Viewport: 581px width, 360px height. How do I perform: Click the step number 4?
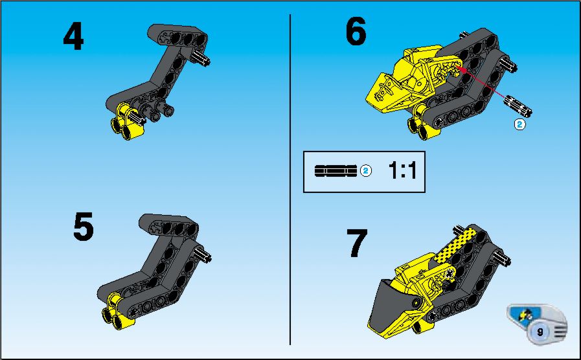click(73, 36)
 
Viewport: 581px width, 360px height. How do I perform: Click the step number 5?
click(84, 227)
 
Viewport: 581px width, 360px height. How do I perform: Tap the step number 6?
click(356, 32)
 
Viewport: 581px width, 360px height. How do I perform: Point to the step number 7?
click(357, 243)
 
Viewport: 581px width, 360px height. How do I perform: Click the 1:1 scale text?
click(402, 171)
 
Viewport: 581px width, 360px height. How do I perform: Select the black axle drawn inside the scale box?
click(336, 171)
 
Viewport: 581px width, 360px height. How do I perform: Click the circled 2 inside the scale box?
click(366, 171)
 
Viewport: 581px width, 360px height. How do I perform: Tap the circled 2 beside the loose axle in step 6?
click(520, 124)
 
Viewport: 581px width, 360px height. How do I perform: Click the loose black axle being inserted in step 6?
click(518, 105)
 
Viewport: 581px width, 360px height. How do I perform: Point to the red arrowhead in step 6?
click(461, 69)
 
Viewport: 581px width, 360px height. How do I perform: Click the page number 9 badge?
click(540, 332)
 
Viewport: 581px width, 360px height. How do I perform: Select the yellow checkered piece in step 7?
click(455, 245)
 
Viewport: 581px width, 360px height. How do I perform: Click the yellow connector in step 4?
click(126, 122)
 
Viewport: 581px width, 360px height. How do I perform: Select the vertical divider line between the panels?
click(290, 180)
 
